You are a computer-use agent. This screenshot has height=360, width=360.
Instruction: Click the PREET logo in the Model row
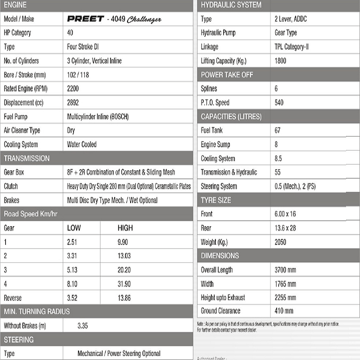(x=85, y=19)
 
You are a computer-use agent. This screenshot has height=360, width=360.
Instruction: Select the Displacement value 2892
(x=73, y=103)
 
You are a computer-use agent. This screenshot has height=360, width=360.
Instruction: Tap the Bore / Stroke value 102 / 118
(x=78, y=75)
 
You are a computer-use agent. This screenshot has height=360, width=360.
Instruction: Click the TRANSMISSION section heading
(x=27, y=158)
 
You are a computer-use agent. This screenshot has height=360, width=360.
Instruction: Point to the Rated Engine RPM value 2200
(x=73, y=89)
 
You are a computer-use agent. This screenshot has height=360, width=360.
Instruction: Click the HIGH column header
(x=125, y=228)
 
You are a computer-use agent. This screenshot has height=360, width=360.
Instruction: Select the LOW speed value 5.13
(x=72, y=270)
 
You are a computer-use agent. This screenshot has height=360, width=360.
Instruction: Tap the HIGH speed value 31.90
(x=124, y=284)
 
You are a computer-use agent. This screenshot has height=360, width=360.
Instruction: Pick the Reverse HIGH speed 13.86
(x=124, y=298)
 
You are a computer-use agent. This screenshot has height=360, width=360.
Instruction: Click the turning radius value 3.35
(x=82, y=326)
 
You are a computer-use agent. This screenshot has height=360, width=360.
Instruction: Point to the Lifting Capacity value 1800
(x=281, y=61)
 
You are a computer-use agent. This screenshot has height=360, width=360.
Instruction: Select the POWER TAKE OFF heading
(x=227, y=75)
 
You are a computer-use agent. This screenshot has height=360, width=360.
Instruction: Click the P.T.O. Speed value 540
(x=279, y=103)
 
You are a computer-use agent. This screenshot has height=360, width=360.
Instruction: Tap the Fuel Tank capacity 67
(x=278, y=131)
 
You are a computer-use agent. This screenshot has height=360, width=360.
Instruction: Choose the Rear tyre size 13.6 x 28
(x=285, y=228)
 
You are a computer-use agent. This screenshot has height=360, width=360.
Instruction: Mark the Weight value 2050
(x=281, y=242)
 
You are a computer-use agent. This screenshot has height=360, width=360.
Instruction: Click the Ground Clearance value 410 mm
(x=284, y=311)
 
